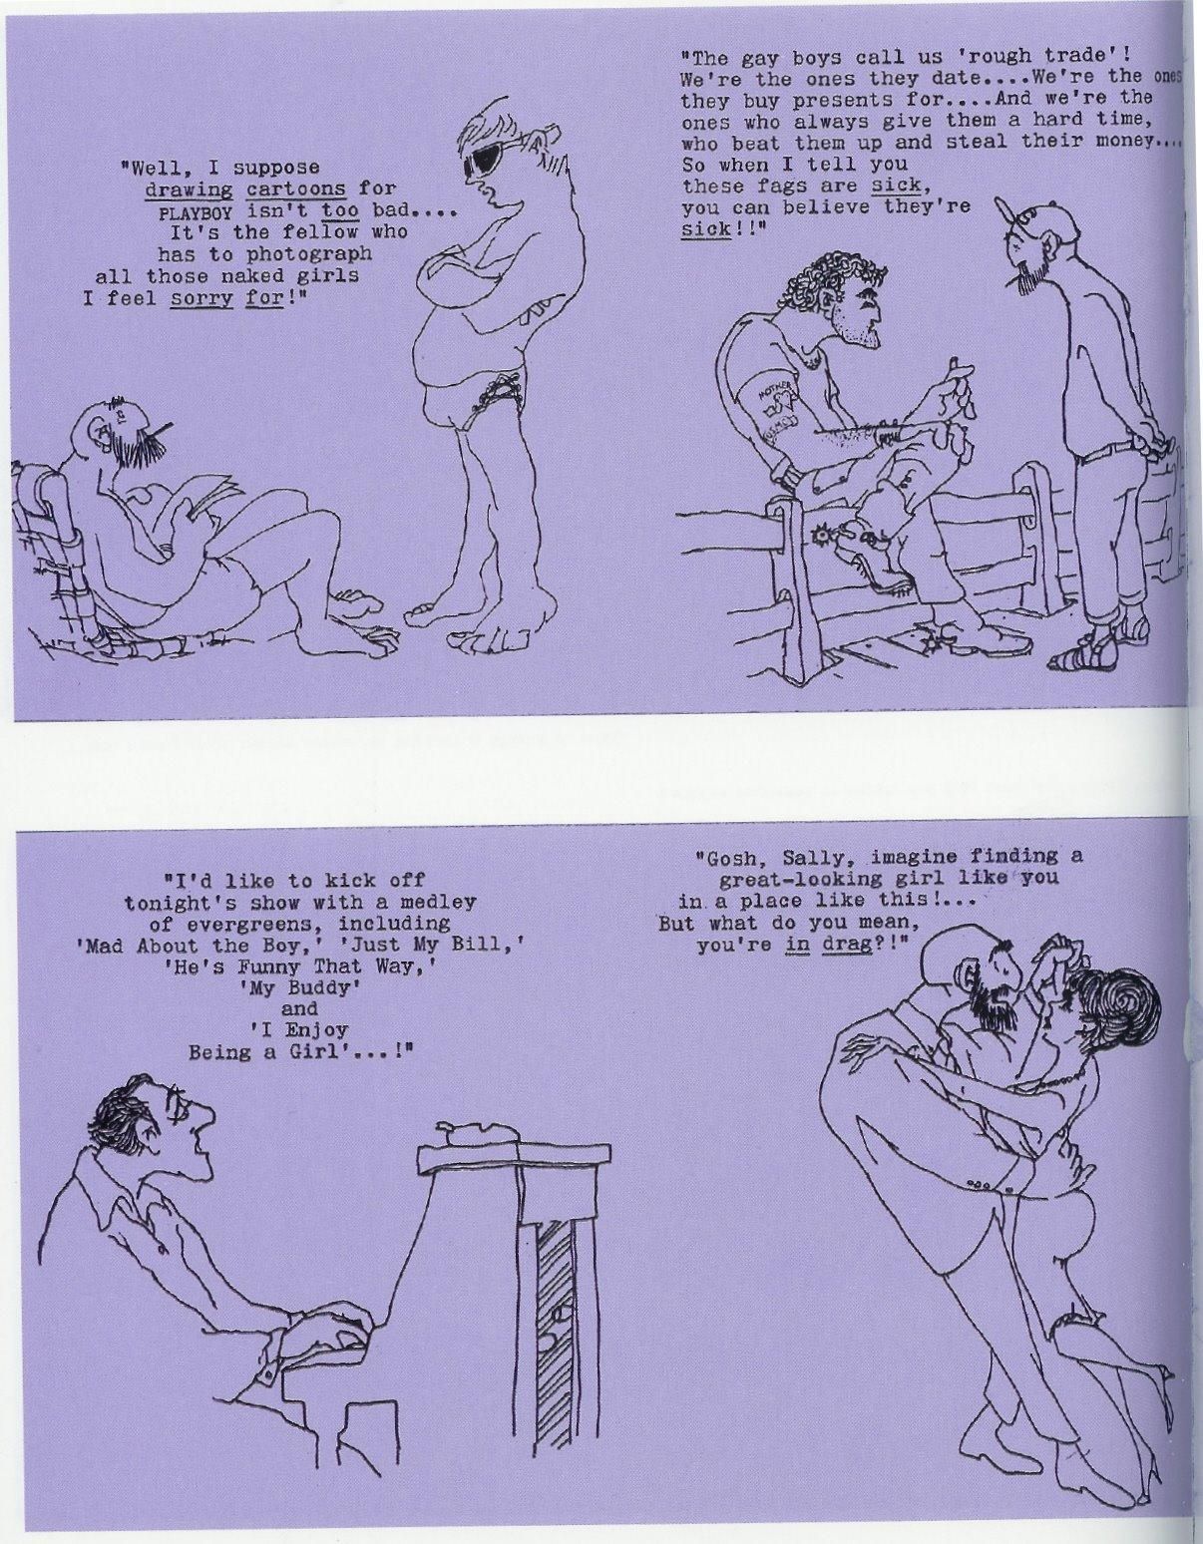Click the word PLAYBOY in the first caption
(197, 212)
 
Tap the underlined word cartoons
(296, 190)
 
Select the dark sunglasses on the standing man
(488, 159)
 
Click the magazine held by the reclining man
(207, 497)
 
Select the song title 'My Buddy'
(299, 987)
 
